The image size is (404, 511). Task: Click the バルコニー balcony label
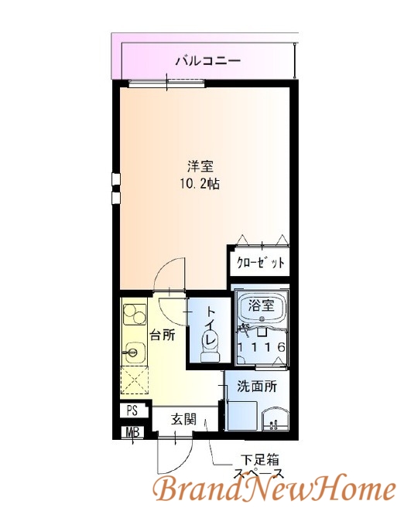click(x=207, y=60)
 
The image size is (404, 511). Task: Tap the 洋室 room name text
click(x=200, y=166)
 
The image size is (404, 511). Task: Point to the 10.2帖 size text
click(x=200, y=186)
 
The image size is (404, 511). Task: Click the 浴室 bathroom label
click(x=260, y=305)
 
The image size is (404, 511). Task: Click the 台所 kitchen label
click(x=163, y=335)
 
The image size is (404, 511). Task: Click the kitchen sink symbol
click(x=133, y=354)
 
